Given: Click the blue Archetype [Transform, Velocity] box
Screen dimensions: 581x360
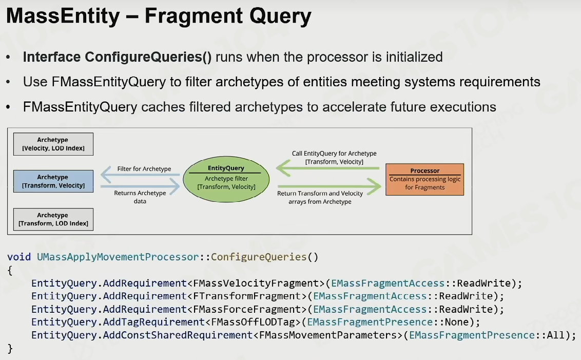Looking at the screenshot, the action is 53,181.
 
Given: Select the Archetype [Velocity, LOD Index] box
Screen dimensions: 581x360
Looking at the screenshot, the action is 53,144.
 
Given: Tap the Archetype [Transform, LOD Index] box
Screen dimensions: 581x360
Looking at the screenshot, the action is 53,219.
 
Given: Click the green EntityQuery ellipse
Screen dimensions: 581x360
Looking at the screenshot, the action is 226,179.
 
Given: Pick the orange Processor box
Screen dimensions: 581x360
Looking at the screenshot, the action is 424,179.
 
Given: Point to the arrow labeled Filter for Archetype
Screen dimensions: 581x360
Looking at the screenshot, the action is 140,175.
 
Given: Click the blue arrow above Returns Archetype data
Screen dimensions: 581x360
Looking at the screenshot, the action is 140,186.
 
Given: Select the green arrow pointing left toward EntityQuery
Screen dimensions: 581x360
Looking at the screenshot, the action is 328,168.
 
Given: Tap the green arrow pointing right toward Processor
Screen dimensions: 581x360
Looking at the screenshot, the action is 330,186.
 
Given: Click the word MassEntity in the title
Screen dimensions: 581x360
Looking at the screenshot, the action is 63,16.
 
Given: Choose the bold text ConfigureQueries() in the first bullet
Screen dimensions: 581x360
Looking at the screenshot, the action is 148,57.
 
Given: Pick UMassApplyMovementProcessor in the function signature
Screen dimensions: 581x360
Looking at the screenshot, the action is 118,257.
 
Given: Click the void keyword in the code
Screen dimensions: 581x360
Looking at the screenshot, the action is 19,257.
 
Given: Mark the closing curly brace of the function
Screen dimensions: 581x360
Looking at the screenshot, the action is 10,349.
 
